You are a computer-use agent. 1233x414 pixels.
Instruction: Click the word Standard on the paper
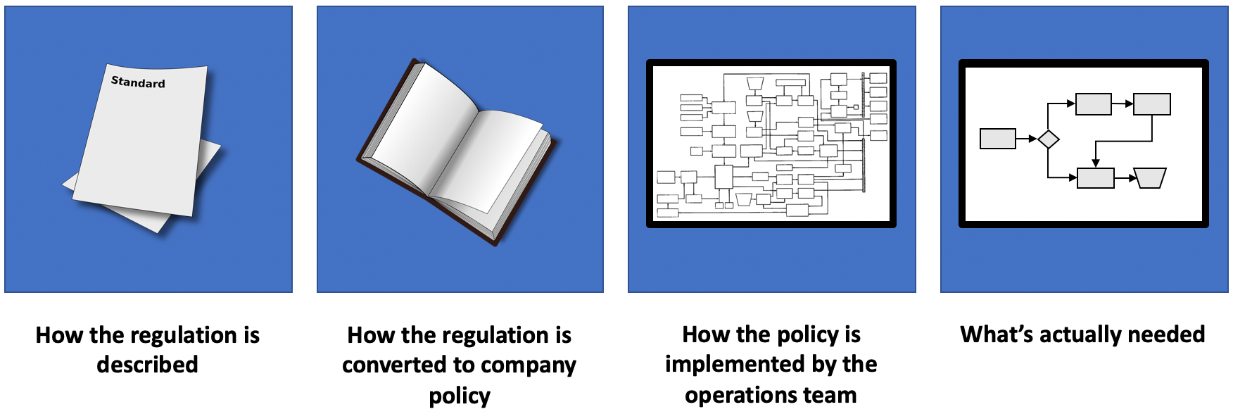click(138, 82)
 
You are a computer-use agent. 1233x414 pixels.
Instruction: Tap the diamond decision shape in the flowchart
click(1049, 139)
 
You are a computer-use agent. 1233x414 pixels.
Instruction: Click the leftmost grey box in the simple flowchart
click(998, 139)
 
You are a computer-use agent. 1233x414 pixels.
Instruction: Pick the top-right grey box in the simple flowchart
click(1152, 104)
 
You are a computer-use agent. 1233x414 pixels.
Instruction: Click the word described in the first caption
click(147, 365)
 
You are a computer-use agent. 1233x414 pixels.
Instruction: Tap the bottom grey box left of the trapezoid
click(1096, 178)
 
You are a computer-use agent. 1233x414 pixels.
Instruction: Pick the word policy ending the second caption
click(460, 396)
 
